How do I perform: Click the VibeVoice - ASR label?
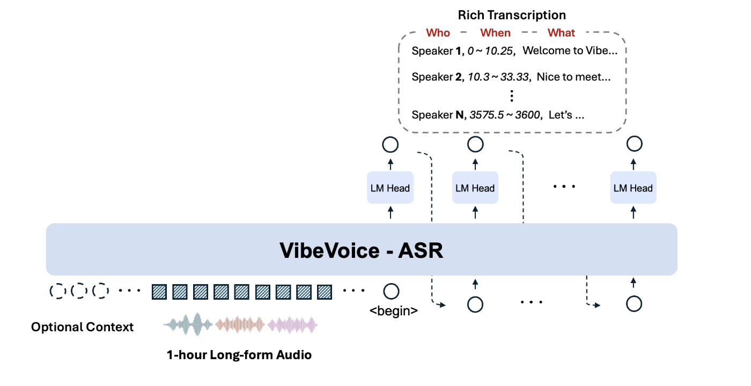point(362,250)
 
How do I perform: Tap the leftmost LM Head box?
point(390,188)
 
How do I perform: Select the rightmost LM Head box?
point(633,188)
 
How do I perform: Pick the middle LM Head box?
point(475,188)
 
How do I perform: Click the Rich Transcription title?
point(512,15)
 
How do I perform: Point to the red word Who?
point(438,33)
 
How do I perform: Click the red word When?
point(495,33)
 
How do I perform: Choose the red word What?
point(561,33)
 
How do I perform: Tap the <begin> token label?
point(393,310)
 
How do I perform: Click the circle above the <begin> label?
point(391,291)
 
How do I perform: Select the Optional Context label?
point(82,327)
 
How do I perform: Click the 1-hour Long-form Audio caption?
point(239,355)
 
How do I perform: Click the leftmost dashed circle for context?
point(57,291)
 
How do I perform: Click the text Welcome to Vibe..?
point(573,51)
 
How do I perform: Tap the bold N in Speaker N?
point(459,115)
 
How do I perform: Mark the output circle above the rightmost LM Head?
point(634,144)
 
